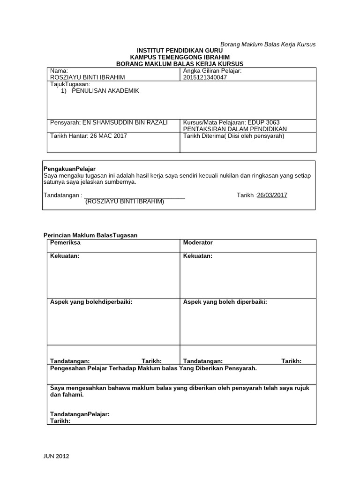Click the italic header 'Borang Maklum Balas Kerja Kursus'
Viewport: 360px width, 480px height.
pos(268,45)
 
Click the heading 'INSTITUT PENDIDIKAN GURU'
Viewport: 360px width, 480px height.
pos(180,51)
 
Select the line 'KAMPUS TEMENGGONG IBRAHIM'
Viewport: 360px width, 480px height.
pos(180,57)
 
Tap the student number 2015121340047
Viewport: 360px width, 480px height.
pos(205,78)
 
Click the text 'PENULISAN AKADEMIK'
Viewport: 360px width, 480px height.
pos(105,91)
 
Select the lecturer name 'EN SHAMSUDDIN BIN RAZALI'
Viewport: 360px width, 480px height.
pos(125,122)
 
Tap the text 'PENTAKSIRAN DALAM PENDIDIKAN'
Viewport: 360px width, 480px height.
pos(235,129)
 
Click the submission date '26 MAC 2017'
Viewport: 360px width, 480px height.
pos(111,136)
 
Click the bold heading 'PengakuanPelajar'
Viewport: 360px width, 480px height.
pos(69,168)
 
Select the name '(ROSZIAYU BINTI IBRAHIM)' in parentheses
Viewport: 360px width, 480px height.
pos(125,202)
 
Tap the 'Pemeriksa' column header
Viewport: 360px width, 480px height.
pos(65,243)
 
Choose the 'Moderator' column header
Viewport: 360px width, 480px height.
pos(198,243)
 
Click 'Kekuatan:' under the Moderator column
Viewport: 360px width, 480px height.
pos(198,256)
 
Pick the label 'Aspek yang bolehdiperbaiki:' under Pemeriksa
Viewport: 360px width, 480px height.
pos(91,302)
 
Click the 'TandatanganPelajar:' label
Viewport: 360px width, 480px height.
pos(80,414)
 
